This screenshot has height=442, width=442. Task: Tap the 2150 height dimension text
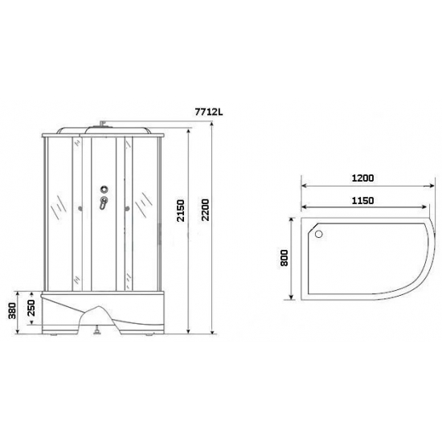(x=182, y=212)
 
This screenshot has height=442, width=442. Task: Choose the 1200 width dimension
(x=364, y=178)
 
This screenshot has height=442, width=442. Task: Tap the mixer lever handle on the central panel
(x=102, y=205)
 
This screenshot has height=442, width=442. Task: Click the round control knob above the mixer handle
(x=103, y=190)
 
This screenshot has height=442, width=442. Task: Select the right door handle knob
(x=128, y=211)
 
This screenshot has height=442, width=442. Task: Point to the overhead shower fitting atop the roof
(x=104, y=123)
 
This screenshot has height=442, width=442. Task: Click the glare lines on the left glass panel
(x=57, y=208)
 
